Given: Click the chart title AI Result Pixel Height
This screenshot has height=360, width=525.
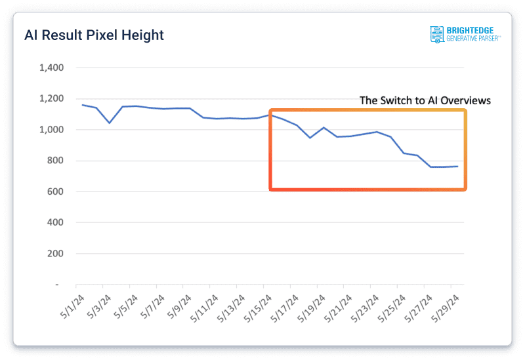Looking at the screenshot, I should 94,35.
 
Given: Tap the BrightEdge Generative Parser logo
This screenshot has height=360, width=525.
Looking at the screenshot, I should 465,34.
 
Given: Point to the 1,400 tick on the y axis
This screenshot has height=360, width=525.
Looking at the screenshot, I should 51,68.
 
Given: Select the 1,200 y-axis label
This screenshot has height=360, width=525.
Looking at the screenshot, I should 51,99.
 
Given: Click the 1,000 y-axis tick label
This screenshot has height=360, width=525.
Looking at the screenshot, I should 51,130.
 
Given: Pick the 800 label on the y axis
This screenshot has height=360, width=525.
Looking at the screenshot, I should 55,161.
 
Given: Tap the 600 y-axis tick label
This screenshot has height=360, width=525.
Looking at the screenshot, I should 55,191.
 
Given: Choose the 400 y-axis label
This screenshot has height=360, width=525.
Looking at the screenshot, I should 55,222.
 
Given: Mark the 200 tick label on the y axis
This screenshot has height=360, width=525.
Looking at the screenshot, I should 55,253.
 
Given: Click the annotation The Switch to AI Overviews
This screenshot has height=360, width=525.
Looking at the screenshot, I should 425,101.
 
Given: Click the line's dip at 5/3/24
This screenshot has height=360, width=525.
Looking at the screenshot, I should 110,123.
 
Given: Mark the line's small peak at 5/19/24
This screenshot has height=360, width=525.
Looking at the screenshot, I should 324,127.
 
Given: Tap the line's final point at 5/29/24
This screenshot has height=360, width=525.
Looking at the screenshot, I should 457,167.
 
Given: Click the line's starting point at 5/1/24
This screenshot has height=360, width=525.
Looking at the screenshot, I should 83,105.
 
